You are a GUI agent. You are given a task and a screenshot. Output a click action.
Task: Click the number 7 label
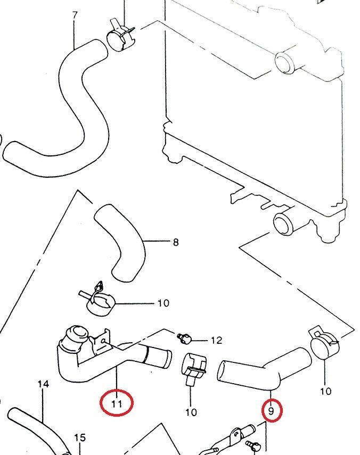coord(75,15)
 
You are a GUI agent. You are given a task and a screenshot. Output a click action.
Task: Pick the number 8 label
coord(176,243)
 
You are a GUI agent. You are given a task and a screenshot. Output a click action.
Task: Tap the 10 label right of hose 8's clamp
coord(163,303)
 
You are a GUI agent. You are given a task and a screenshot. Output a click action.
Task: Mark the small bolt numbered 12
coord(184,337)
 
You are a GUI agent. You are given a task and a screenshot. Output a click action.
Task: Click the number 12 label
coord(216,340)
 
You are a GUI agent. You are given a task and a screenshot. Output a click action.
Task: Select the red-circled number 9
coord(272,411)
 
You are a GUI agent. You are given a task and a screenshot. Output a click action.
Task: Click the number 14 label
coord(43,384)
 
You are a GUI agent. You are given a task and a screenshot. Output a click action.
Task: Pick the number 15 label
coord(79,438)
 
